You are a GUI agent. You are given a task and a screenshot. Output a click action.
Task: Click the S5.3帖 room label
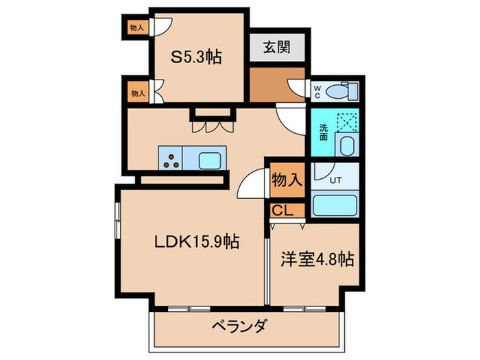[196, 58]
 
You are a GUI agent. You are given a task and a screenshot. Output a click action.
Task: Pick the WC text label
[316, 90]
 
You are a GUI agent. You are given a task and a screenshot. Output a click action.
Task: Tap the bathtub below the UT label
[335, 206]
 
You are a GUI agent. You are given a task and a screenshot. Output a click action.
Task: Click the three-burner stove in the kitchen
[171, 160]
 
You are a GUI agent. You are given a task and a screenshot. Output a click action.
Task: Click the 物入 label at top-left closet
[137, 27]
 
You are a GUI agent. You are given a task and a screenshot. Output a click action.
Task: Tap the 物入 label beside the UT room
[287, 180]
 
